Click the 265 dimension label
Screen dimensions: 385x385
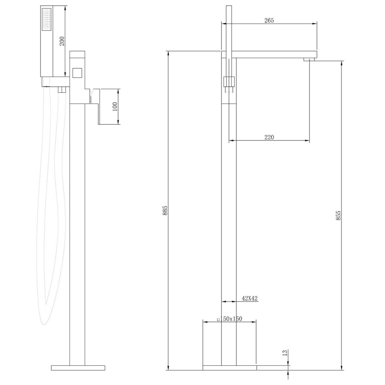269,21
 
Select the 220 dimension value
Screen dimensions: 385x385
269,137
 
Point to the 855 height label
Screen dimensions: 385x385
338,215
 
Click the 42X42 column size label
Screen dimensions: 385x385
249,298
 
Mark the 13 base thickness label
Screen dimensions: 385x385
285,353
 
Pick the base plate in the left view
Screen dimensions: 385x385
78,368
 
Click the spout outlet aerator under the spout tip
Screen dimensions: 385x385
309,59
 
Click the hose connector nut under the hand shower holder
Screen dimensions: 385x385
60,90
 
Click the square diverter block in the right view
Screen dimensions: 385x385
229,82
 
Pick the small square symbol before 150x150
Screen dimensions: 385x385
218,319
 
